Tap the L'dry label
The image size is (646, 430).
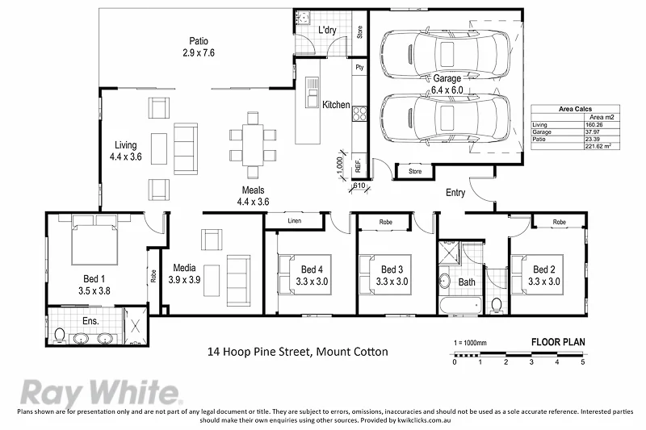coord(327,31)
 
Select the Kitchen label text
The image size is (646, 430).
coord(336,105)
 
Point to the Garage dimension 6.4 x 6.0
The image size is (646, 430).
coord(446,90)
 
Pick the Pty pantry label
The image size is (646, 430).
coord(360,69)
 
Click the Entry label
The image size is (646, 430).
coord(455,193)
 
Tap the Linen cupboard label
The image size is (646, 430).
coord(294,220)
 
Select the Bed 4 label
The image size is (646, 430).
coord(313,269)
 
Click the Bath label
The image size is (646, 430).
coord(467,282)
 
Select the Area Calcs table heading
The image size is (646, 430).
coord(572,109)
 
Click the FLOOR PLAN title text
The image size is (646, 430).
coord(557,341)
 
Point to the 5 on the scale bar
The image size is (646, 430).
coord(582,361)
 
